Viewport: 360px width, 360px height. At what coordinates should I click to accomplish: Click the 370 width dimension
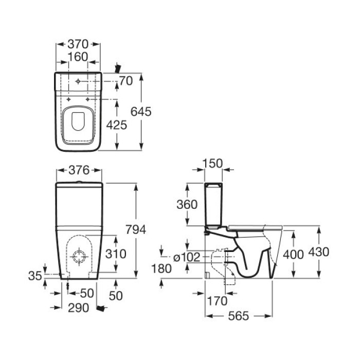(x=78, y=44)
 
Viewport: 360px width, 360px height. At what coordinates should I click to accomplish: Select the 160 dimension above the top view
(x=78, y=57)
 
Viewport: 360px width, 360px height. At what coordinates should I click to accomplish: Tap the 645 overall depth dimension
(x=141, y=112)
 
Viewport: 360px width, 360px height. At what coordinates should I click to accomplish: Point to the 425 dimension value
(x=117, y=125)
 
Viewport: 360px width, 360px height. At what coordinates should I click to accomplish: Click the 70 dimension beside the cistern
(x=126, y=81)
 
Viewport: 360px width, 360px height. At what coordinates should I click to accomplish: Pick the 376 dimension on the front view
(x=79, y=170)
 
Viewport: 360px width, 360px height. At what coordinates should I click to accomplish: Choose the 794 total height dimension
(x=136, y=229)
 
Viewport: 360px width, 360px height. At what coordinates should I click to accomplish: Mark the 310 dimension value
(x=116, y=254)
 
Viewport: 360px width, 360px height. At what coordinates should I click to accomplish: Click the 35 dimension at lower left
(x=35, y=276)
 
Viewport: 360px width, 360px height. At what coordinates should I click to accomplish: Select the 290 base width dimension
(x=78, y=308)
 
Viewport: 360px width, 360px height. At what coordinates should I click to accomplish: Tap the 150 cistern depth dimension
(x=212, y=164)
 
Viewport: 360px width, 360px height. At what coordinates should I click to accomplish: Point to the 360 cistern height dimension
(x=187, y=204)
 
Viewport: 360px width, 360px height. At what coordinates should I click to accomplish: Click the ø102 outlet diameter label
(x=187, y=257)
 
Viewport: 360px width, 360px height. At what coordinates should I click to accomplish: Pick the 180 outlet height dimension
(x=161, y=268)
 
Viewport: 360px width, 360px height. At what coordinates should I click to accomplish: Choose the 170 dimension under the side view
(x=217, y=301)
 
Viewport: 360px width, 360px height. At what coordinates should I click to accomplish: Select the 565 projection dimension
(x=239, y=316)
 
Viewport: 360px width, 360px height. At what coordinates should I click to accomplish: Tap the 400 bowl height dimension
(x=293, y=255)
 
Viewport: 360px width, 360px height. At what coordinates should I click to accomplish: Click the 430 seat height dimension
(x=319, y=252)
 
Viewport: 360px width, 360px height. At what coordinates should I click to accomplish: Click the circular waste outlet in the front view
(x=79, y=251)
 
